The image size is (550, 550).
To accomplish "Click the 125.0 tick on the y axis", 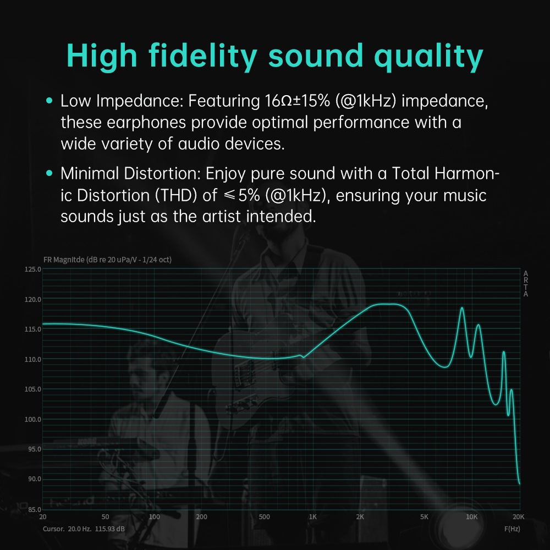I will point(34,269).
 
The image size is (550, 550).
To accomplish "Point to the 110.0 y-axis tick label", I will point(34,359).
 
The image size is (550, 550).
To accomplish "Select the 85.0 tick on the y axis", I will point(34,509).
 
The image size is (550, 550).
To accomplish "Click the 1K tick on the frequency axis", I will point(313,517).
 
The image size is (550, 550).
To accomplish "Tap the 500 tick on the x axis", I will point(265,517).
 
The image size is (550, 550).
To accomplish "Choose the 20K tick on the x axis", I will point(518,517).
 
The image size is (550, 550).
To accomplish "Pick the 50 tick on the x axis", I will point(106,517).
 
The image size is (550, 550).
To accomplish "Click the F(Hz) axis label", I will point(512,529).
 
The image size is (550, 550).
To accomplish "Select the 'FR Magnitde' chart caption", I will point(64,260).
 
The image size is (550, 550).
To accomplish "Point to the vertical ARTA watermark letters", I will point(526,284).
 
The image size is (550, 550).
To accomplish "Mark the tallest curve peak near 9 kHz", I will point(462,308).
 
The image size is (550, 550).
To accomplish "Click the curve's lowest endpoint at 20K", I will point(519,483).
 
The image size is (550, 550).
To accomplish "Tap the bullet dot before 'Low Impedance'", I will point(50,101).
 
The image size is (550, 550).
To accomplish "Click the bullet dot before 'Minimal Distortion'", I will point(50,174).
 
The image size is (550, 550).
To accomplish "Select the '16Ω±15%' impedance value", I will point(294,101).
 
